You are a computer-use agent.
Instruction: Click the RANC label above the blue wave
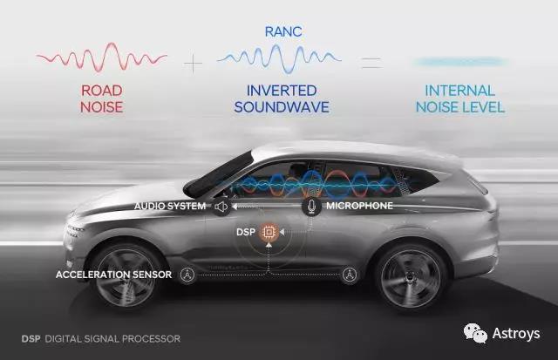click(x=283, y=31)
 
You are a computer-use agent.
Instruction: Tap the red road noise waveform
click(x=102, y=57)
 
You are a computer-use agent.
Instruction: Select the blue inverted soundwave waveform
click(x=279, y=58)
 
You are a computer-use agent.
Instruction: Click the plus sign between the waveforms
click(x=194, y=64)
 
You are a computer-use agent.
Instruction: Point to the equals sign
click(x=371, y=63)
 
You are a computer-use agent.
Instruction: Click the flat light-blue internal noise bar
click(x=460, y=62)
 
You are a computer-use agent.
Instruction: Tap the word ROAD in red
click(x=102, y=91)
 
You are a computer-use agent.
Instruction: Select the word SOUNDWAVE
click(x=282, y=107)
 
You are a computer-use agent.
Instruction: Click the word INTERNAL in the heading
click(x=459, y=91)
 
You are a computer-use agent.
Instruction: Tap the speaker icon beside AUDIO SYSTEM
click(x=221, y=207)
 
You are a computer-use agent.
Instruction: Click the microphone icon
click(x=311, y=206)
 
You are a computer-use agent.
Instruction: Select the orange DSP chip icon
click(x=269, y=232)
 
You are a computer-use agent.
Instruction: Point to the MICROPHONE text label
click(x=359, y=206)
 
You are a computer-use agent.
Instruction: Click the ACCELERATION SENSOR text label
click(x=114, y=275)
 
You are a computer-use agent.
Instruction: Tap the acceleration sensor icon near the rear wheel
click(x=349, y=275)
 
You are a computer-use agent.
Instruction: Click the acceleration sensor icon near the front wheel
click(x=187, y=275)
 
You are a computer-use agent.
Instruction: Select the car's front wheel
click(x=126, y=276)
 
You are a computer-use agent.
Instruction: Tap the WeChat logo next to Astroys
click(x=475, y=333)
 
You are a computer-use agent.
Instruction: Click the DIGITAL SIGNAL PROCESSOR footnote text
click(x=112, y=339)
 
